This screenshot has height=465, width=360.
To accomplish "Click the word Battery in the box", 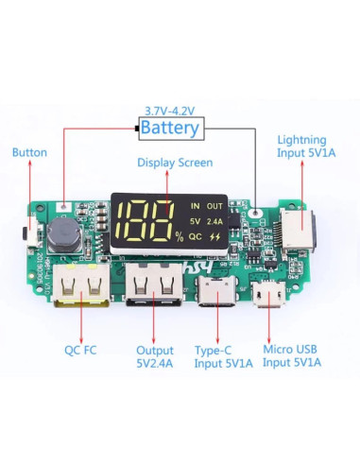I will coord(171,128).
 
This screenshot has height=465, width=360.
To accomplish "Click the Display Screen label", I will coord(175,163).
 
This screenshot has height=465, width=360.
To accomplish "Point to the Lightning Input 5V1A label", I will coord(300,146).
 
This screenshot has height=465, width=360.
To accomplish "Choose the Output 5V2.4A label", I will coord(155,355).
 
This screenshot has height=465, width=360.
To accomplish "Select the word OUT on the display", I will coord(215,204).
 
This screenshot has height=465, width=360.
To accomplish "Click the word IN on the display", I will coord(195,204).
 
